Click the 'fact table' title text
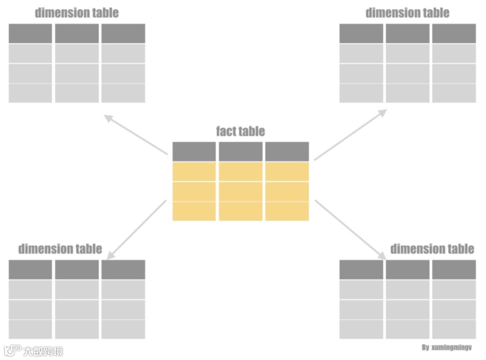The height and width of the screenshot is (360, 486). click(240, 131)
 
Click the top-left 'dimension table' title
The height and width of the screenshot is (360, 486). click(76, 13)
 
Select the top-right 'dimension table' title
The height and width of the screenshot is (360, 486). click(407, 13)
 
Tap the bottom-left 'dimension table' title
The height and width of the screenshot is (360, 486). click(60, 249)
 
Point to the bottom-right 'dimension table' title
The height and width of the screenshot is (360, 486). click(432, 249)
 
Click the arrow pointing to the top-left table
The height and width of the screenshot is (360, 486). click(135, 134)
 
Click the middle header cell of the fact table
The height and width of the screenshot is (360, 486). click(240, 152)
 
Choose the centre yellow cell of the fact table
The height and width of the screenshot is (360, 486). click(240, 191)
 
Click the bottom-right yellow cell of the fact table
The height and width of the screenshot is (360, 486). click(287, 211)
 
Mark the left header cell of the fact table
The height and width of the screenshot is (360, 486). click(194, 152)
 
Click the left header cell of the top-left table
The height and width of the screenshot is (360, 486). click(30, 34)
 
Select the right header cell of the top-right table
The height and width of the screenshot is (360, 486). click(454, 34)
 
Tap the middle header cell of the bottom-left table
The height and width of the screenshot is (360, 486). click(76, 270)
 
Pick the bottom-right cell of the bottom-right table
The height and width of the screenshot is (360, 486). click(454, 329)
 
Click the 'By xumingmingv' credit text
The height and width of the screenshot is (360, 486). click(446, 348)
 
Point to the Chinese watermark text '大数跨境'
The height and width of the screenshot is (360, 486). click(43, 351)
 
